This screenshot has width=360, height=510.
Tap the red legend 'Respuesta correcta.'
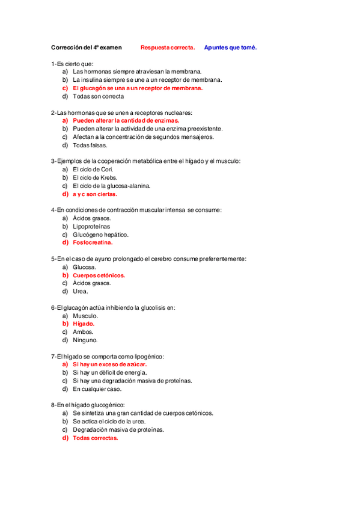click(x=168, y=48)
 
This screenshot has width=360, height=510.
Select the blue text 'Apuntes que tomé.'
click(x=230, y=48)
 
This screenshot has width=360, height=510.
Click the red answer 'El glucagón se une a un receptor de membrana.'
click(x=138, y=88)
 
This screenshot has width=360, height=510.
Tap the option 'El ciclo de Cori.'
click(x=93, y=170)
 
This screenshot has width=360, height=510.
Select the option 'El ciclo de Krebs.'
click(x=95, y=177)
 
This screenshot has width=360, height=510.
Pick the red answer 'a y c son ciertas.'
click(x=95, y=194)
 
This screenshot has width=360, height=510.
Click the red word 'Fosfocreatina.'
click(x=93, y=243)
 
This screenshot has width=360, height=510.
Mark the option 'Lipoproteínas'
click(x=92, y=227)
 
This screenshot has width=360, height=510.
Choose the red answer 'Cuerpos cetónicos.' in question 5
click(x=99, y=275)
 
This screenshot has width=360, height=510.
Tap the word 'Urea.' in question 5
click(x=81, y=292)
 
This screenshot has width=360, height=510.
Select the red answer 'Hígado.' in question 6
click(x=84, y=324)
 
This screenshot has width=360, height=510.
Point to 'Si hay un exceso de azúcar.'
click(x=110, y=364)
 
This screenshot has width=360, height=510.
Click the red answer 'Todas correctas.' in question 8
click(x=96, y=438)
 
